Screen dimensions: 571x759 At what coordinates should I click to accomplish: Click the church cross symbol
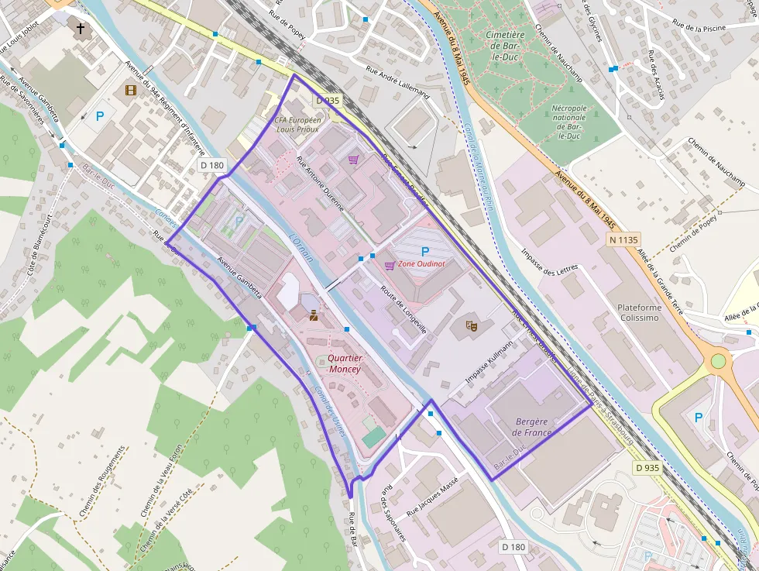(x=81, y=29)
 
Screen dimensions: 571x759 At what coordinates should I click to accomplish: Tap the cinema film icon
(x=130, y=91)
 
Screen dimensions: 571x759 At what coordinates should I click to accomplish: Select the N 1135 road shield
(x=623, y=240)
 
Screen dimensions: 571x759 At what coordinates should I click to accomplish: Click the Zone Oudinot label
(x=421, y=265)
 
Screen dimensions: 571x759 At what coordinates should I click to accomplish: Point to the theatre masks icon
(x=469, y=325)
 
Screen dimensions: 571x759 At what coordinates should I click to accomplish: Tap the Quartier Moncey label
(x=344, y=363)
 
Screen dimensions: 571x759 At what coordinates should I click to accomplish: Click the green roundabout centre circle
(x=718, y=361)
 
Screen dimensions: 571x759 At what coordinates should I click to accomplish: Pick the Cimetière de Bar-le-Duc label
(x=505, y=45)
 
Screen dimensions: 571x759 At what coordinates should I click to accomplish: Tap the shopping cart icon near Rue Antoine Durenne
(x=353, y=160)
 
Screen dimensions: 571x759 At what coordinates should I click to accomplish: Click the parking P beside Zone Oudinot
(x=424, y=251)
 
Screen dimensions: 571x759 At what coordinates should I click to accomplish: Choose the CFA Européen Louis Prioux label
(x=298, y=126)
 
